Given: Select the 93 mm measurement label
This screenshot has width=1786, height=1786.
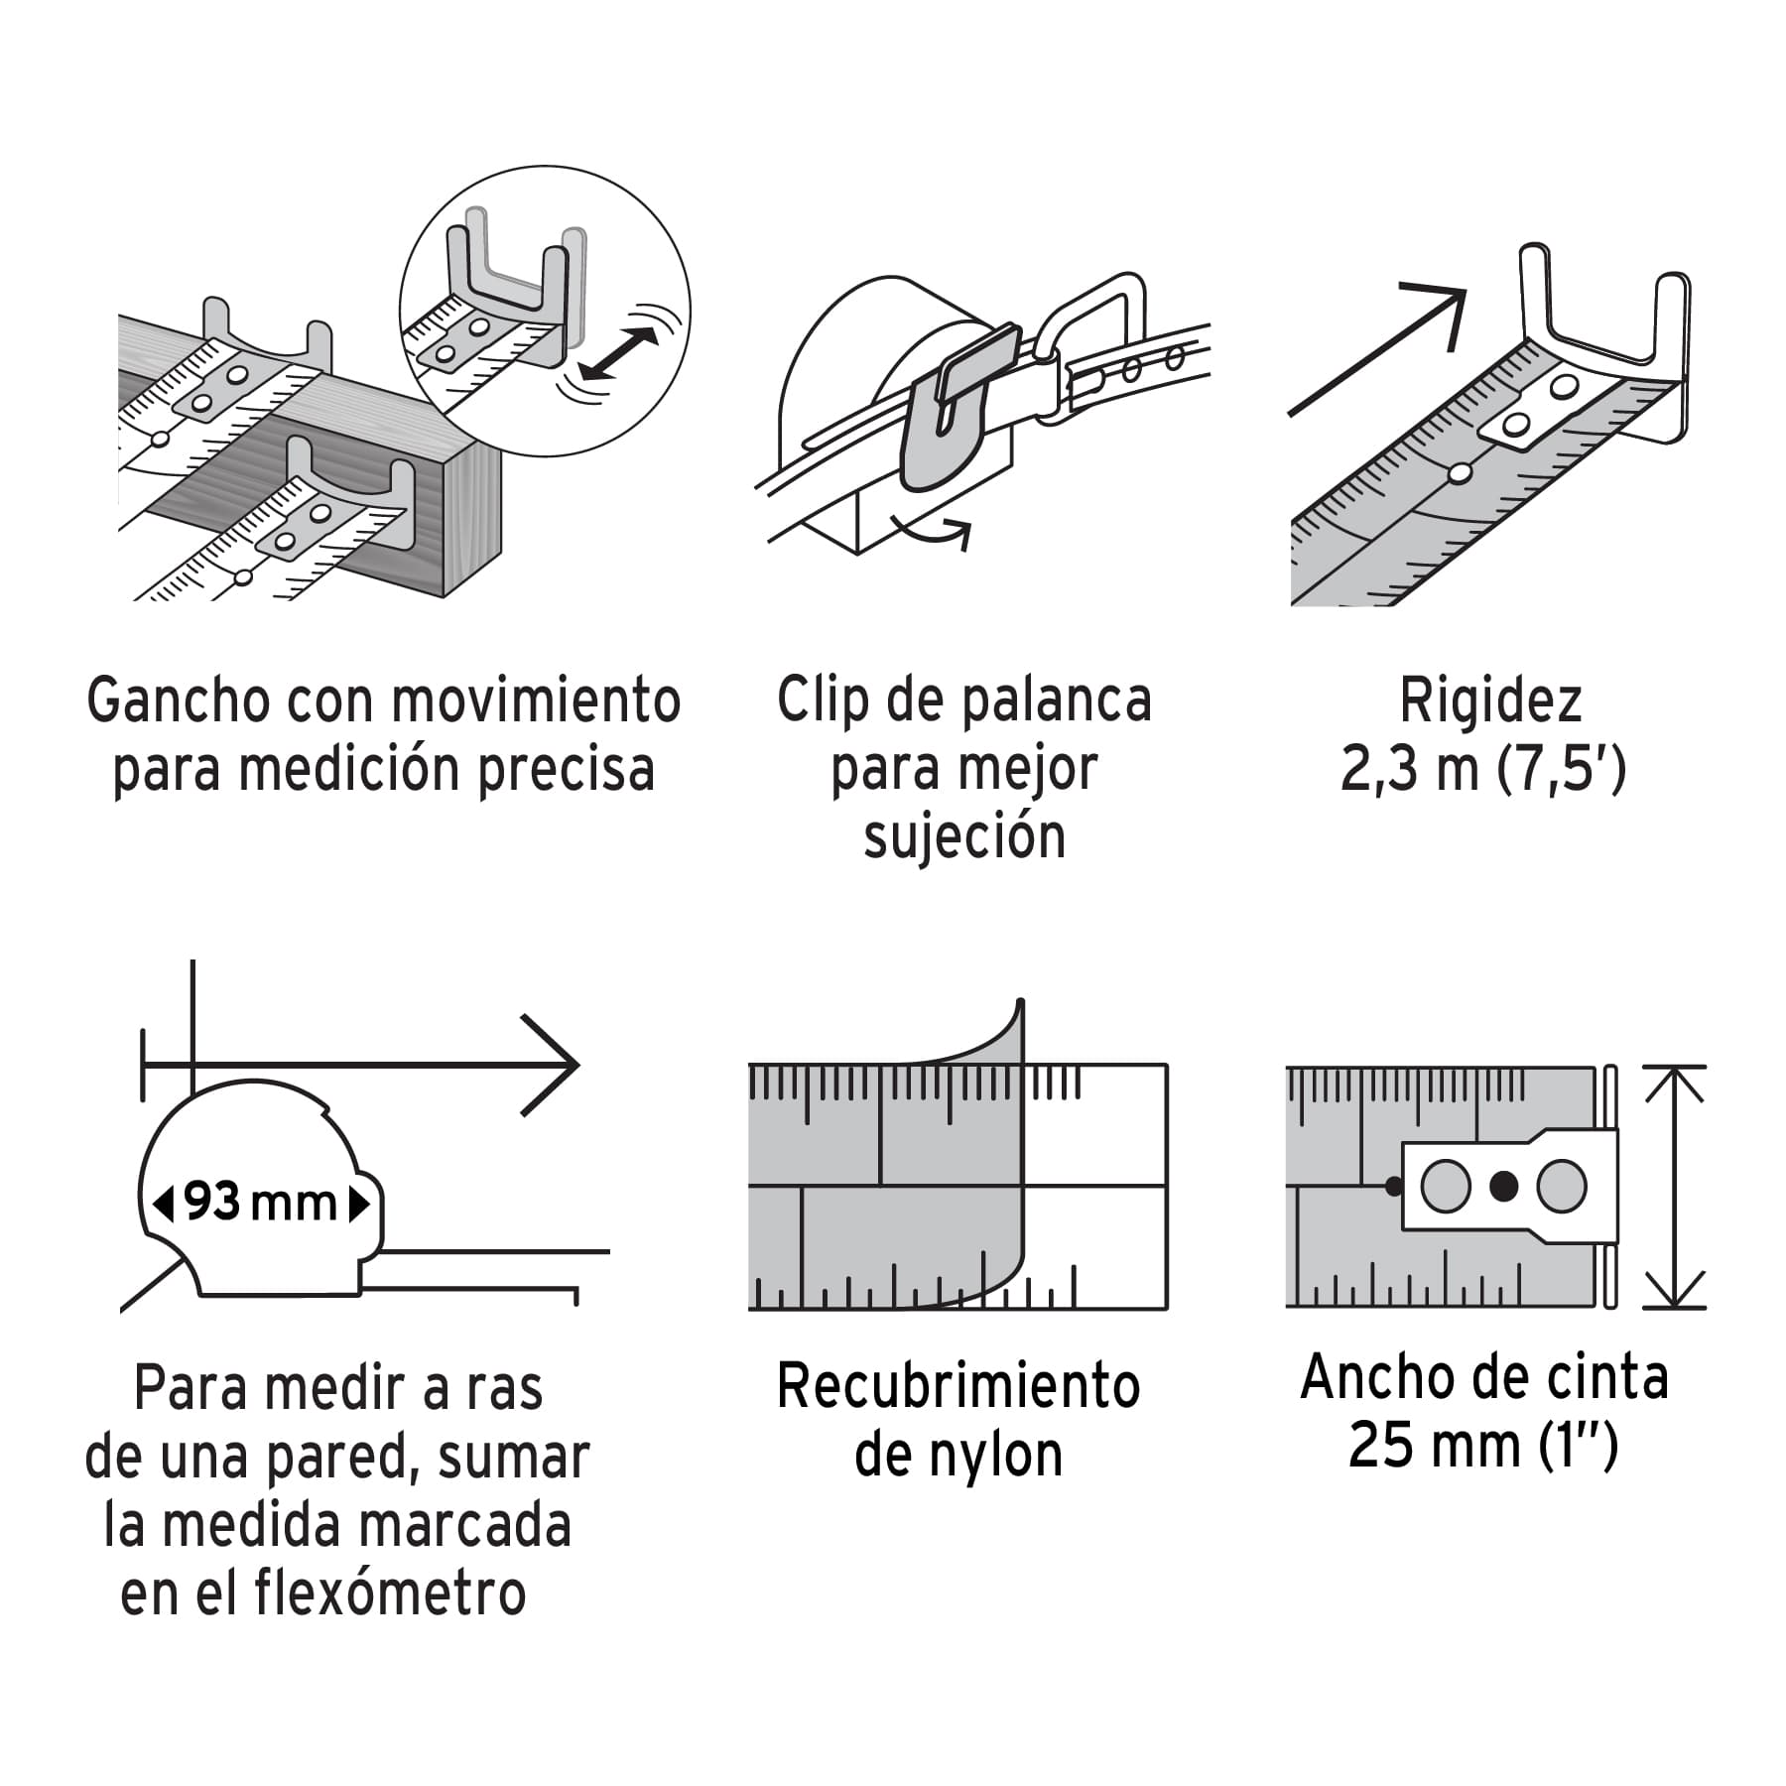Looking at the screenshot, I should [261, 1203].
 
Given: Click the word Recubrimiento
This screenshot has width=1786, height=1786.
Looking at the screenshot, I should [957, 1386].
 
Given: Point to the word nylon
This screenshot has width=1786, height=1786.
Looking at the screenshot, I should [996, 1456].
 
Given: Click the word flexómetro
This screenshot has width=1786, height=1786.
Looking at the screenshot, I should [390, 1595].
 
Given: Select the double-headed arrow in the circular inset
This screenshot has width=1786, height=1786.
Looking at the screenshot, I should [619, 353].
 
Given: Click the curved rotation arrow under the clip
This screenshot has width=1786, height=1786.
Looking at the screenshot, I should [933, 528].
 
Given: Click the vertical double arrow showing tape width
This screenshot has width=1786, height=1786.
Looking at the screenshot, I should [1674, 1187].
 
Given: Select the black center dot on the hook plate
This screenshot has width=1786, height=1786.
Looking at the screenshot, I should [1504, 1186].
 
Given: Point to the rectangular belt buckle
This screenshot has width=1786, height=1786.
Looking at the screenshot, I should [1091, 337].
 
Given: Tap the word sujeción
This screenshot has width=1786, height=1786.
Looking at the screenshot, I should [964, 836].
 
